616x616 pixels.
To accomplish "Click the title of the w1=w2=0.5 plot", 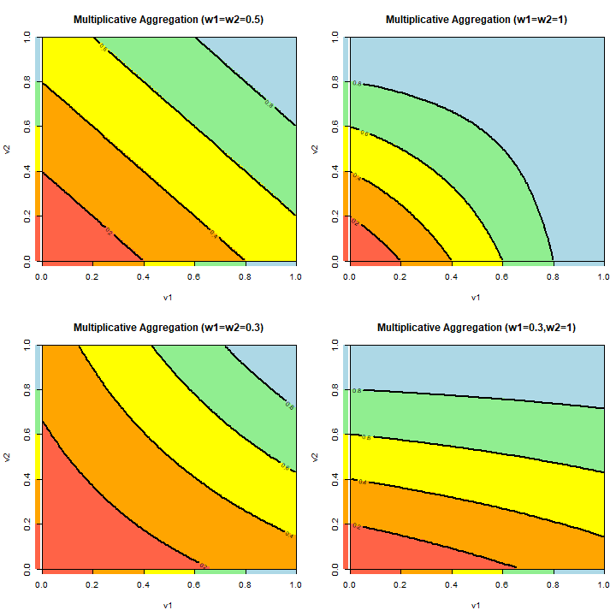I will (168, 19).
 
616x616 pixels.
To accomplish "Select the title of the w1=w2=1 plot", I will (476, 19).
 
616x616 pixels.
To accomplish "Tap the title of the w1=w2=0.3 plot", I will (168, 327).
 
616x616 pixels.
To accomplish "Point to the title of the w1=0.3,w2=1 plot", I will (476, 327).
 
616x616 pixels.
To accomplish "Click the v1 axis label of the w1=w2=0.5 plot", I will (168, 298).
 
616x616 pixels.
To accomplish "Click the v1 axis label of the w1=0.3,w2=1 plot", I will (476, 606).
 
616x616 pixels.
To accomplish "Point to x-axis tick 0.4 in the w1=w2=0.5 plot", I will (143, 278).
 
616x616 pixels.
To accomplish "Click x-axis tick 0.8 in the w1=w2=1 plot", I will (553, 278).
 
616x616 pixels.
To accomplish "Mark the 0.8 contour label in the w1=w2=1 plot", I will (358, 84).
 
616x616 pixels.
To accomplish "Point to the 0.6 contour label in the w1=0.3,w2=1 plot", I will (366, 437).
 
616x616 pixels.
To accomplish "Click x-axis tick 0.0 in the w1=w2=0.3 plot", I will (41, 586).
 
